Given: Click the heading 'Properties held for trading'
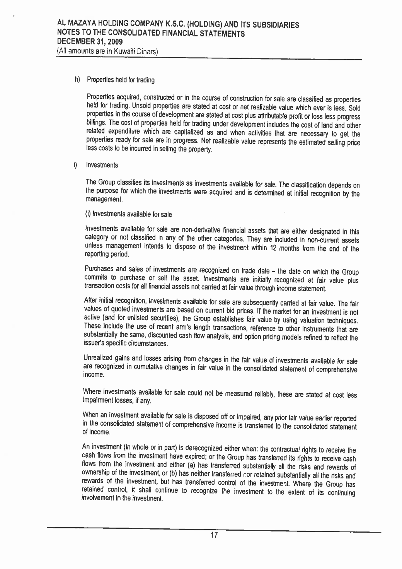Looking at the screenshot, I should pos(121,80).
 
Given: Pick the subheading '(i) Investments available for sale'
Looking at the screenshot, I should pos(128,214).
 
